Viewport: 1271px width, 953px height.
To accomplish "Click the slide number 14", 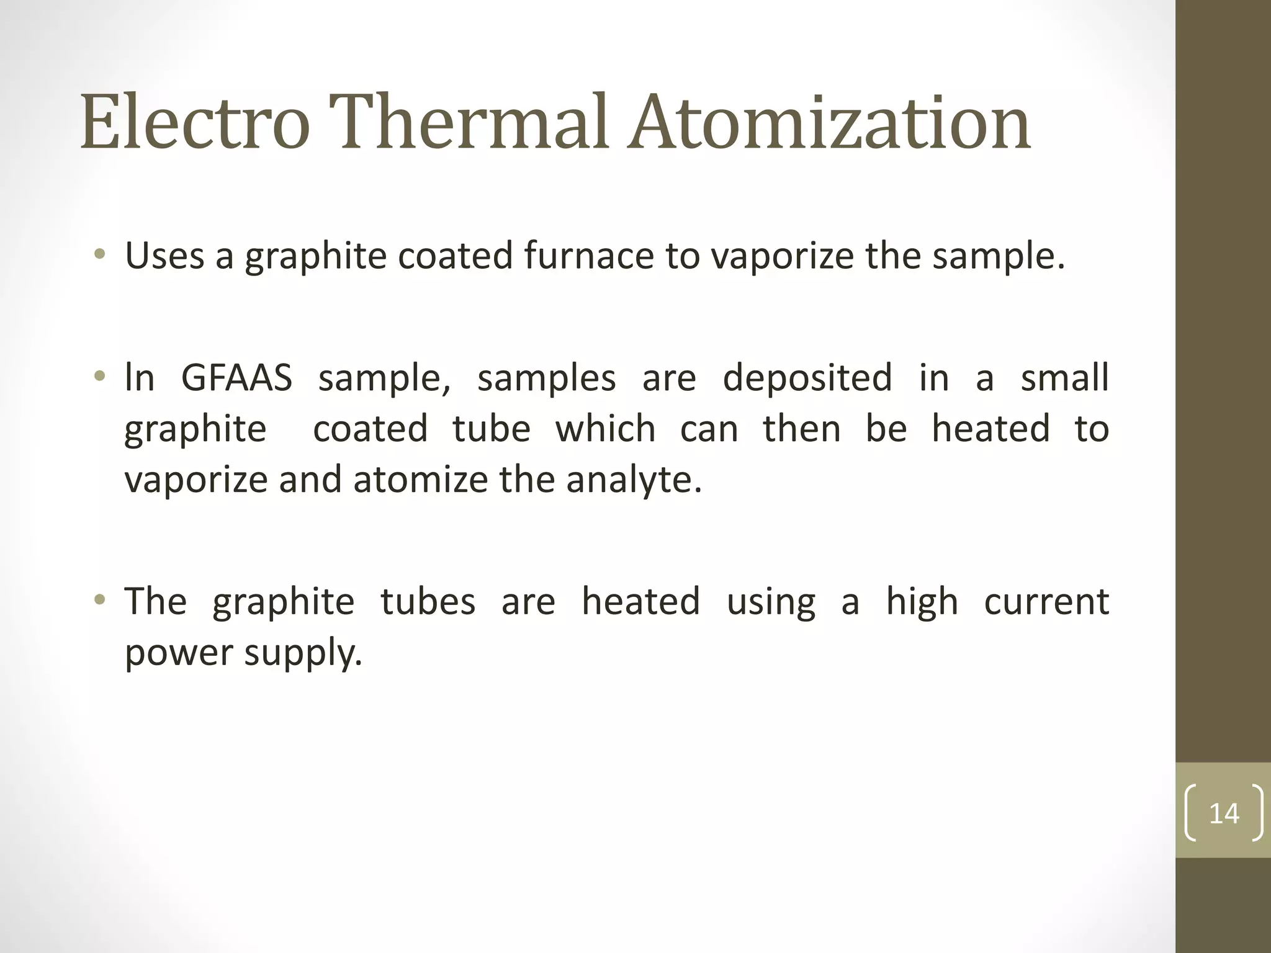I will (x=1223, y=813).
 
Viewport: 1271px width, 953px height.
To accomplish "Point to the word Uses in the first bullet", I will (x=164, y=256).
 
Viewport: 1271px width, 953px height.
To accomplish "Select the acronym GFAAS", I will (x=236, y=378).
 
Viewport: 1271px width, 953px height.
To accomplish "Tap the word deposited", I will (x=807, y=378).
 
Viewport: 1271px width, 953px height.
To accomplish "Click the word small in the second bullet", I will (x=1064, y=378).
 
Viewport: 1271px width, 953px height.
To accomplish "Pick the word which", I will (x=605, y=429).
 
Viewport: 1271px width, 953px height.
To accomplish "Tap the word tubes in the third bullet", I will (x=428, y=601).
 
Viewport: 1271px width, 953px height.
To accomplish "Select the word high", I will (x=922, y=601).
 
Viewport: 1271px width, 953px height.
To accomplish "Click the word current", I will (x=1046, y=601).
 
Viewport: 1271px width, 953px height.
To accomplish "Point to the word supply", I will (x=303, y=653).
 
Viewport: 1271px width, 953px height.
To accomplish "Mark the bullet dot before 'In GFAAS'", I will (x=99, y=377).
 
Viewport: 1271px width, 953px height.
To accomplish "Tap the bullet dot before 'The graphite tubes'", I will (x=99, y=600).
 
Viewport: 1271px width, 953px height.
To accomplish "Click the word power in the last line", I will (x=179, y=653).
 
